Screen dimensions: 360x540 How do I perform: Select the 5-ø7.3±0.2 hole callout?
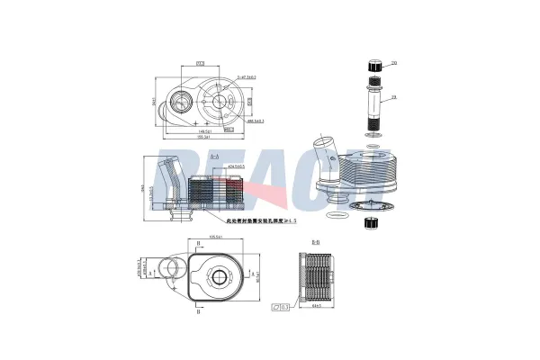(x=246, y=77)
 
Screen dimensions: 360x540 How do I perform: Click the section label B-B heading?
(x=316, y=243)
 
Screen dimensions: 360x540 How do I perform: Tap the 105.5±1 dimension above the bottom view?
(x=216, y=238)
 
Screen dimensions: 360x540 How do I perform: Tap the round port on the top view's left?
(x=184, y=102)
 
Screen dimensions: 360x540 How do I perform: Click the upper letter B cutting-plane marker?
(x=198, y=244)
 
